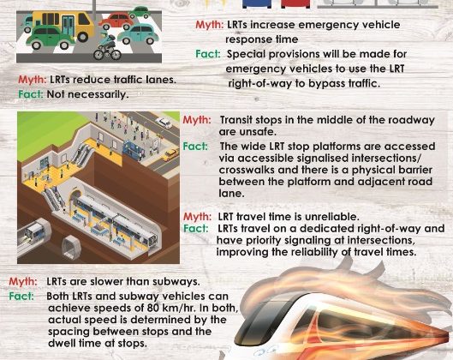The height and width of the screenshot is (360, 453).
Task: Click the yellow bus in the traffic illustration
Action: (63, 25)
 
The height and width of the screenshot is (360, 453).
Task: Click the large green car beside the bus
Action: (50, 38)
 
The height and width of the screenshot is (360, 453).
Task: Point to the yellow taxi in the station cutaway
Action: (170, 154)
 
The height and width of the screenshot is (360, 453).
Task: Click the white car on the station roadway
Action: (164, 123)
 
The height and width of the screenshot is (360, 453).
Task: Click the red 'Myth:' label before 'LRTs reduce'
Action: (32, 80)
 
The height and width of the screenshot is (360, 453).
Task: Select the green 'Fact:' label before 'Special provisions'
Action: (208, 54)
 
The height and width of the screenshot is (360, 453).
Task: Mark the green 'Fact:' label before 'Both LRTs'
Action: (21, 296)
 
